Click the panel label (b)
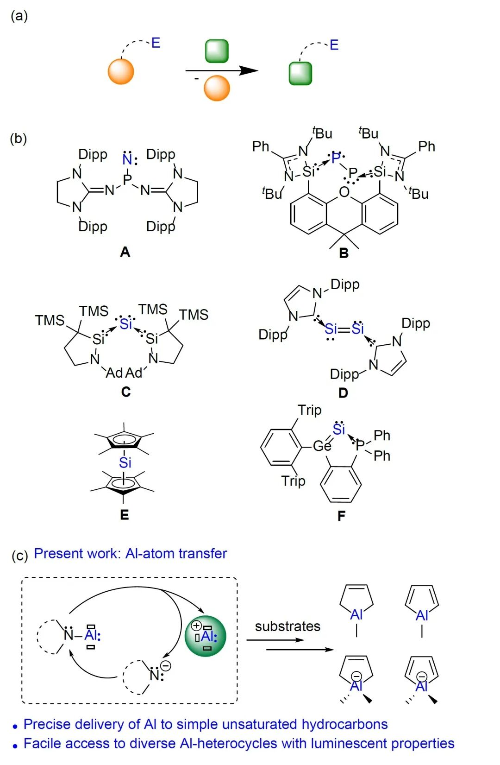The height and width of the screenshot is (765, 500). (x=19, y=139)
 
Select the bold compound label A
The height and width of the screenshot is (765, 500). (x=125, y=252)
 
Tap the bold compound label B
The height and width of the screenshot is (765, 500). (x=344, y=253)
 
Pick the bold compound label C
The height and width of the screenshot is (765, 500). (x=125, y=392)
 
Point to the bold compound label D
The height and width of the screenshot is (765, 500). (x=343, y=393)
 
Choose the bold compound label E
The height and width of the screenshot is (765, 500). (x=124, y=515)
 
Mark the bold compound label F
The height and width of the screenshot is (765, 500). (x=341, y=516)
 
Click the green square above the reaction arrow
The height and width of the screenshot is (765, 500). (x=217, y=51)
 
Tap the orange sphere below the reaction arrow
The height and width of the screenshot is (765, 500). (x=217, y=89)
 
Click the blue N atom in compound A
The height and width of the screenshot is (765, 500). (x=127, y=159)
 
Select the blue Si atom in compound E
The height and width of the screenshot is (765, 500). (x=125, y=462)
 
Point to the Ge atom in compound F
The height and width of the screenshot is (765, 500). (x=322, y=446)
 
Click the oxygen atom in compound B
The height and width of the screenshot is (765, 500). (x=344, y=191)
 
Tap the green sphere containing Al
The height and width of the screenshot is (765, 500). (x=206, y=636)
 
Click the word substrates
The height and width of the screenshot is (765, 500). (x=287, y=626)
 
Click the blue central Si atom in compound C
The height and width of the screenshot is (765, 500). (x=125, y=323)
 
